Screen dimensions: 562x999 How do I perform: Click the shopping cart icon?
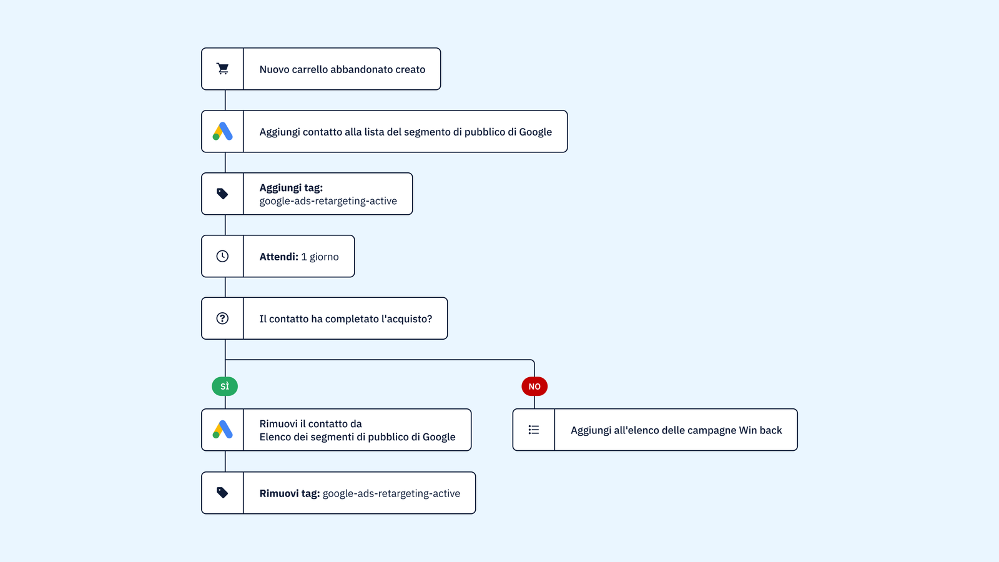tap(222, 69)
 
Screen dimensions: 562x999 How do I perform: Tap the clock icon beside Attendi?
tap(222, 256)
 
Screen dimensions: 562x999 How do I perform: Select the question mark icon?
tap(222, 318)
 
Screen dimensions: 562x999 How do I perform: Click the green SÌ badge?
tap(225, 387)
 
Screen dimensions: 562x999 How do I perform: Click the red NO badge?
tap(534, 387)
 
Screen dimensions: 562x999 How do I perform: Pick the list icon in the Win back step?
tap(534, 430)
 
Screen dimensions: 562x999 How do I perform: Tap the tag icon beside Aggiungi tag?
tap(222, 194)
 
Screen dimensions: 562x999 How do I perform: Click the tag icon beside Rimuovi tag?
tap(222, 493)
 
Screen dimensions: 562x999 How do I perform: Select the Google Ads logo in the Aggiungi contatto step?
tap(222, 131)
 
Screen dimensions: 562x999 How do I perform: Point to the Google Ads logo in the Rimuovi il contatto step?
tap(222, 430)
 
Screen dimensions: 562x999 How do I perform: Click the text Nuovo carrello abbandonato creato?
tap(342, 69)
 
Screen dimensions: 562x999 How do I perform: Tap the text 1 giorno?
tap(320, 257)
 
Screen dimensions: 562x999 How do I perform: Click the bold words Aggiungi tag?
tap(291, 187)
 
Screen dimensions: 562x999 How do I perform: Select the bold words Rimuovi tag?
tap(290, 493)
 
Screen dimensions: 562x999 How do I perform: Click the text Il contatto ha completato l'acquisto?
tap(346, 319)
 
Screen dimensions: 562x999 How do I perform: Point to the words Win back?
tap(760, 430)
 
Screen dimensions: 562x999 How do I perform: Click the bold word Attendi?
tap(278, 257)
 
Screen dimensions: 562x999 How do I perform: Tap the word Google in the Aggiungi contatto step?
tap(535, 132)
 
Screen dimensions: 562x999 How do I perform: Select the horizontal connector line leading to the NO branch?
tap(380, 360)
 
